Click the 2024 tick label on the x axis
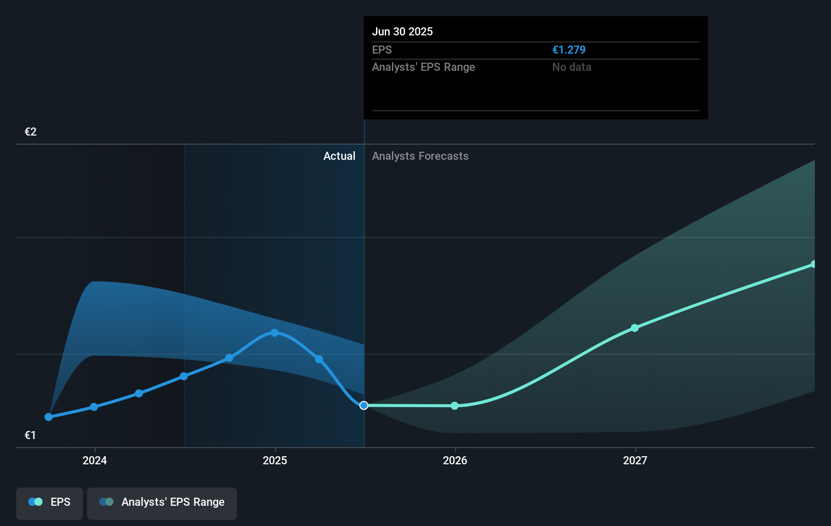(x=95, y=460)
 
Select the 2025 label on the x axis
(x=275, y=460)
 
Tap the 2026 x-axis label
(x=455, y=460)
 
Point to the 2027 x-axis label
(x=635, y=460)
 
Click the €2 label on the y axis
(x=31, y=132)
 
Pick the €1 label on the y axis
(x=30, y=435)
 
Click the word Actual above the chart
(x=339, y=156)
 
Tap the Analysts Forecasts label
(x=420, y=156)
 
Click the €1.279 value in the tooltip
(x=569, y=50)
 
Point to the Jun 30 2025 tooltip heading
(x=402, y=31)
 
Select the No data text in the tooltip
(x=571, y=67)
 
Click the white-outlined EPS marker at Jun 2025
(x=364, y=405)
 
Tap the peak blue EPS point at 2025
(x=274, y=333)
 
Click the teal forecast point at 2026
(x=454, y=406)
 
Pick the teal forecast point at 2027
(x=635, y=328)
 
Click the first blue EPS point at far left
(x=49, y=417)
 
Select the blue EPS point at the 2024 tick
(x=94, y=407)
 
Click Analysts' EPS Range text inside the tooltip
(x=423, y=67)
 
